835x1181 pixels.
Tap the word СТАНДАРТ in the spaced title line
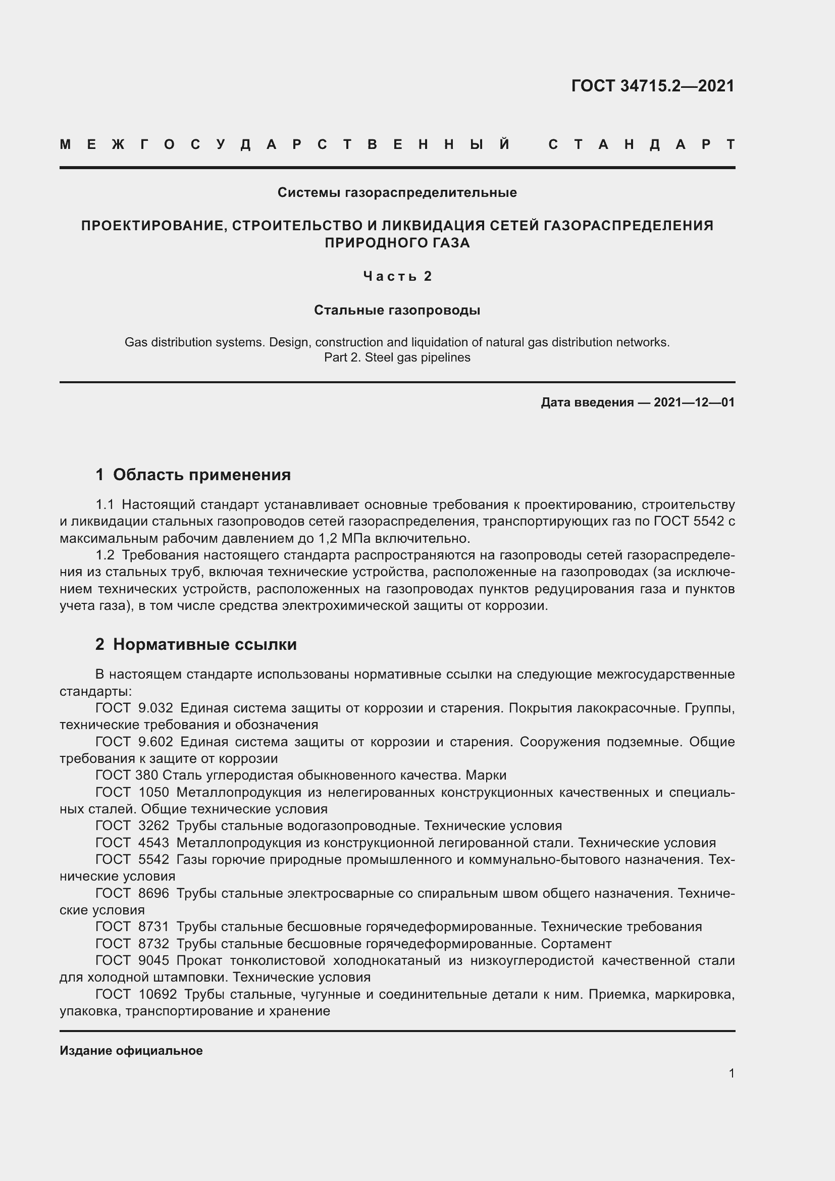642,145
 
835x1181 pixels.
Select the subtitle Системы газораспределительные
397,193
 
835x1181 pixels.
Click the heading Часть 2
397,277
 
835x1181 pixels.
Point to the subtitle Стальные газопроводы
397,311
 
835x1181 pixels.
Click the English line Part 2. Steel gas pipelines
397,357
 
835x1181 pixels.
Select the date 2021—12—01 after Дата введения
694,403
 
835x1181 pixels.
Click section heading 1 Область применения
193,475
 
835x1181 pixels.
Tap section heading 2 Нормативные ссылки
196,644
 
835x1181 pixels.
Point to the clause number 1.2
105,555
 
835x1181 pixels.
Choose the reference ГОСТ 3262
132,826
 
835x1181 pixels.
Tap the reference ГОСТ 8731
132,927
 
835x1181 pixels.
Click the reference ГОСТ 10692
136,994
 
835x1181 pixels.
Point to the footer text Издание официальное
131,1051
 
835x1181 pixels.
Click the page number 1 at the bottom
731,1073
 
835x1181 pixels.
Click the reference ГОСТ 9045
132,961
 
